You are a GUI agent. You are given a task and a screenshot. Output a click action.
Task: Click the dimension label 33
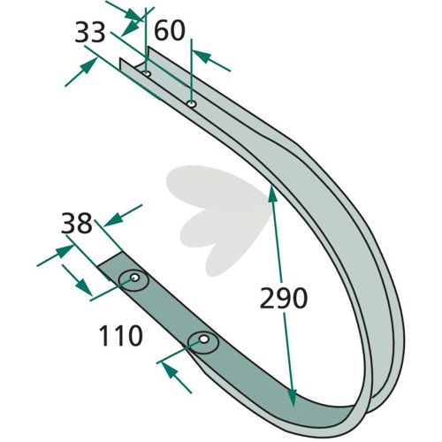(x=90, y=33)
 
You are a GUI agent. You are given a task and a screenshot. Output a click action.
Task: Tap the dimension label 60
(x=170, y=30)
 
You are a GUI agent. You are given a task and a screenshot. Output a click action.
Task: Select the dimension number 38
(x=77, y=223)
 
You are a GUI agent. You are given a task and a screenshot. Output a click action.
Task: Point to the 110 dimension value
(x=121, y=336)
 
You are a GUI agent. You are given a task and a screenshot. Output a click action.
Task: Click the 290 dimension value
(x=284, y=298)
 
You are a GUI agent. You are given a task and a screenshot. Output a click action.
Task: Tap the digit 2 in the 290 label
(x=267, y=298)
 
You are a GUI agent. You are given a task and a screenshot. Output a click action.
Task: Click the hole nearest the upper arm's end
(x=147, y=73)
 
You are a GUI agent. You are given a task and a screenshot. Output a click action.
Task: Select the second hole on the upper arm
(x=191, y=103)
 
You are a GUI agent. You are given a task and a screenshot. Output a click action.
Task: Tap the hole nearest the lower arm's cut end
(x=135, y=278)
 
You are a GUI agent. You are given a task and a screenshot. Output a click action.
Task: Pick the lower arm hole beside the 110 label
(x=203, y=339)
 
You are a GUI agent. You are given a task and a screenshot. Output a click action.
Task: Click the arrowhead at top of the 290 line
(x=272, y=194)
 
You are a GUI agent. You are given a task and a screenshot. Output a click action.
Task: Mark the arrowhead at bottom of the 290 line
(x=292, y=399)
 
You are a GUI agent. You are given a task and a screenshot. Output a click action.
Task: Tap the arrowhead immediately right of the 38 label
(x=113, y=220)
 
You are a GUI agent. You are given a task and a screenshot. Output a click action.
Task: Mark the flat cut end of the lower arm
(x=110, y=259)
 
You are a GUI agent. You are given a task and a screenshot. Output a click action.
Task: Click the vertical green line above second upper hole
(x=192, y=72)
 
